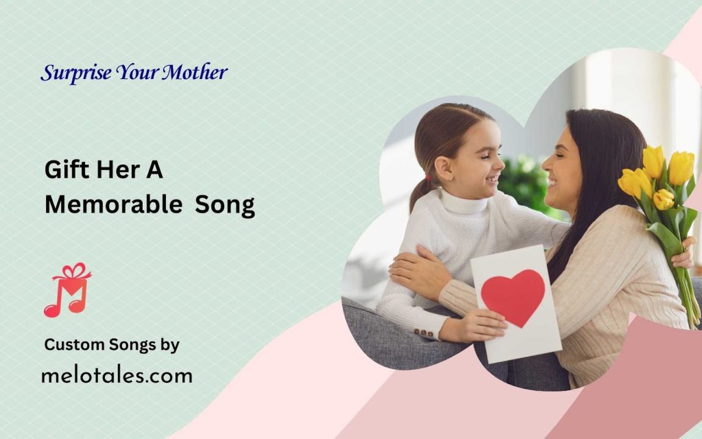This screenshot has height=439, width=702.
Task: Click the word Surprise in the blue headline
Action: pos(75,73)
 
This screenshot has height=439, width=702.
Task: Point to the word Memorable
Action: pos(114,204)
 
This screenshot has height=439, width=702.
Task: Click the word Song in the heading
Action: pos(225,206)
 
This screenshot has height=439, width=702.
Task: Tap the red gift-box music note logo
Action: pos(68,290)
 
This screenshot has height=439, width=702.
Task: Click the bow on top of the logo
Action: pos(73,271)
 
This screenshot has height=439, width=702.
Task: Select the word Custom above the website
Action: pos(74,344)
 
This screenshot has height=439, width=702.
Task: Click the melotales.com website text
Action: pos(117,375)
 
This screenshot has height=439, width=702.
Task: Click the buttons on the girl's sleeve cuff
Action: pos(423,333)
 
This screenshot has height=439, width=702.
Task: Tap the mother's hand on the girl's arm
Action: pos(416,271)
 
